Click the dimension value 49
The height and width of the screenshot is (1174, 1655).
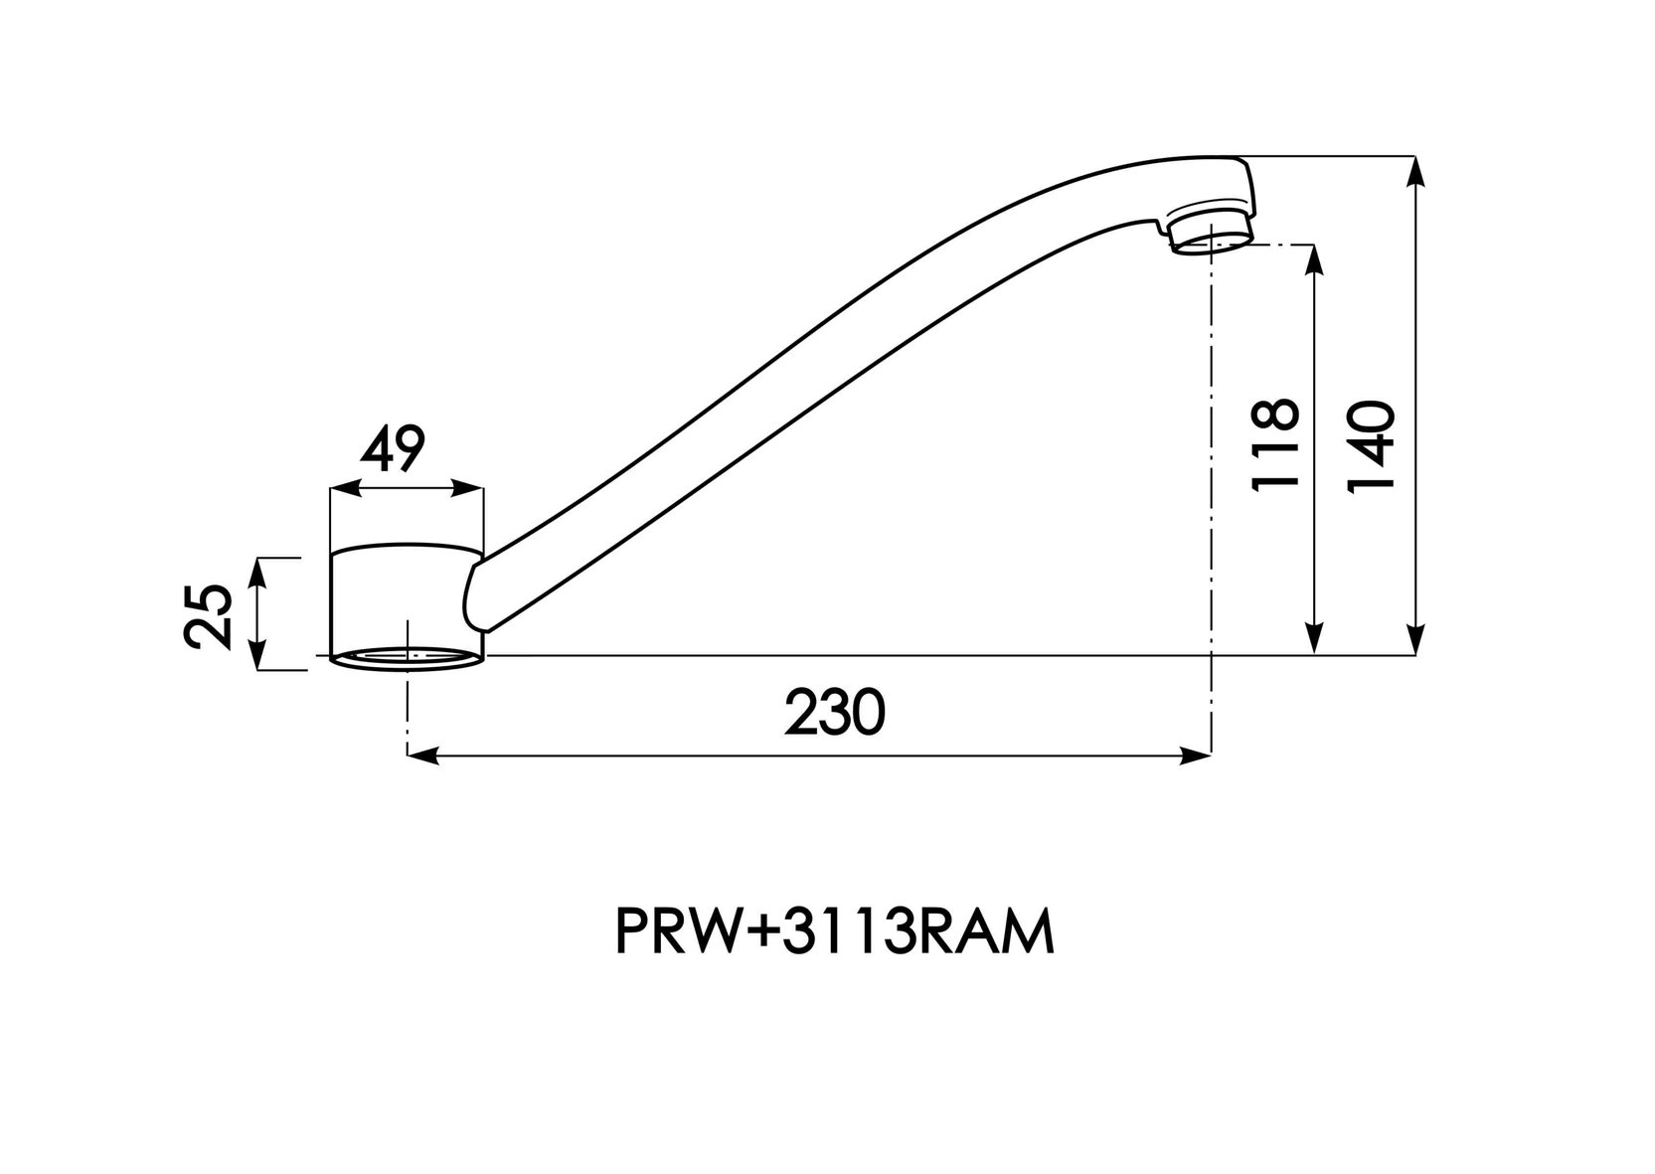(x=393, y=448)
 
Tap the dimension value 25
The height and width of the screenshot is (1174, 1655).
(x=209, y=616)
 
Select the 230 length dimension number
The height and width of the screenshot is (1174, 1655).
(x=834, y=712)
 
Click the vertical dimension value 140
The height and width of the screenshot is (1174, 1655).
(x=1371, y=447)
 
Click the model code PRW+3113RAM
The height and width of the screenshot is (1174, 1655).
(x=835, y=933)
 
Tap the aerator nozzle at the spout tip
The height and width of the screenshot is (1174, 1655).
(x=1212, y=232)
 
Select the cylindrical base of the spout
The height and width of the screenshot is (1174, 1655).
(x=407, y=606)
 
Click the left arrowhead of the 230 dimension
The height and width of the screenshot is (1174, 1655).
(x=422, y=755)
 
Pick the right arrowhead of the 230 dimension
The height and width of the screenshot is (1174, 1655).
(x=1196, y=755)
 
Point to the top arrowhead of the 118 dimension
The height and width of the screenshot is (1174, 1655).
(x=1314, y=260)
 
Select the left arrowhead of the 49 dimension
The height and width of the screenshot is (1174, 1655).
(x=345, y=488)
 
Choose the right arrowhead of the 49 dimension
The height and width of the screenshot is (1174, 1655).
(x=467, y=488)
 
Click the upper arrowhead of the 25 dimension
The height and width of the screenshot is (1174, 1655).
(x=256, y=574)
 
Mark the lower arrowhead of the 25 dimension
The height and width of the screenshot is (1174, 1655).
(x=256, y=655)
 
